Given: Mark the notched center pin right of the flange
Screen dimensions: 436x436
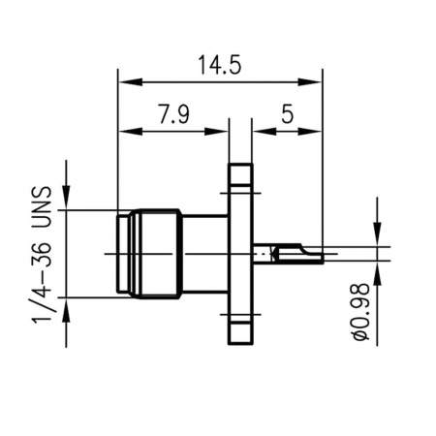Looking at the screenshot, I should pyautogui.click(x=288, y=254).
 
